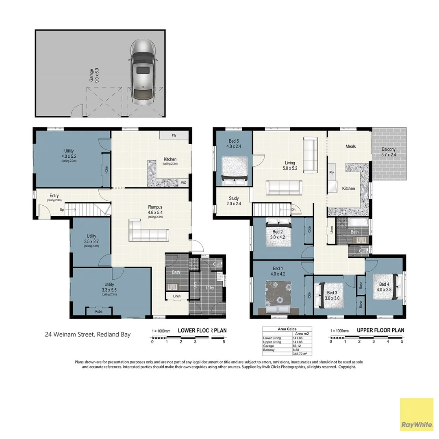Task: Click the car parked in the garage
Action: tap(143, 72)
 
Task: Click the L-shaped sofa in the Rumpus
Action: tap(149, 231)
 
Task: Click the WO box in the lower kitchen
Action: tap(184, 183)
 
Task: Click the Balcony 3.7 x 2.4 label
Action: tap(389, 152)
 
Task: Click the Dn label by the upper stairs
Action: tap(294, 210)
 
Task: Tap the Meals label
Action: tap(350, 146)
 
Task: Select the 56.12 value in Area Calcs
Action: tap(296, 346)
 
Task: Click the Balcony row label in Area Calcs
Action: tap(269, 350)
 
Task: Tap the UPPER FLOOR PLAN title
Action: tap(380, 330)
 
